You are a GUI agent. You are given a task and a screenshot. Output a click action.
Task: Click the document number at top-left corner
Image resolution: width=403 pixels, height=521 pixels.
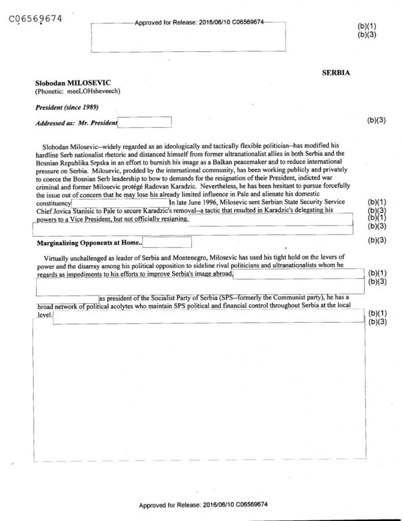coord(35,19)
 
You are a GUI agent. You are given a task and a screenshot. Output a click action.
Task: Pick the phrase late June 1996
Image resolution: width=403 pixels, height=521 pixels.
coord(194,203)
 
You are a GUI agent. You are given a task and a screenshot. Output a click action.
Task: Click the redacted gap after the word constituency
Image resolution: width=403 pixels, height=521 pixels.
coord(120,203)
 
